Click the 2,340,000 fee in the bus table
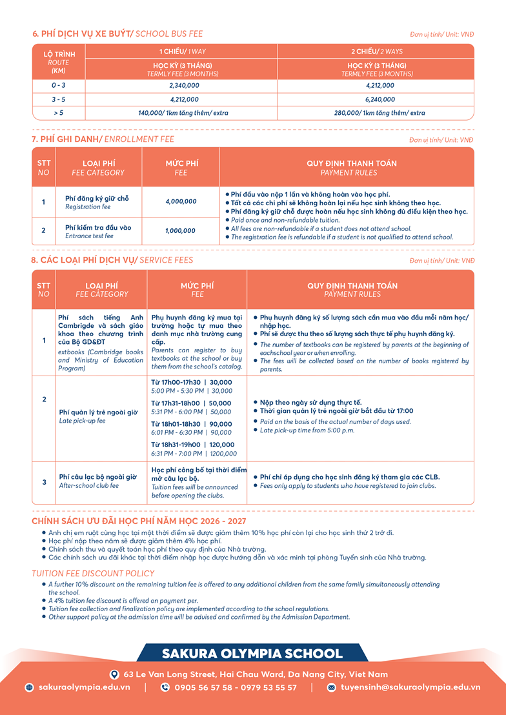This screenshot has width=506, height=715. [184, 85]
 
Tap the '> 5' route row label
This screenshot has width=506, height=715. [58, 113]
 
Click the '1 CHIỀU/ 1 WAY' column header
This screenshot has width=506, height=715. [183, 51]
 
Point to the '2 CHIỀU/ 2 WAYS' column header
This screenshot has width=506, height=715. [377, 51]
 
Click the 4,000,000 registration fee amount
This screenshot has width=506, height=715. [181, 201]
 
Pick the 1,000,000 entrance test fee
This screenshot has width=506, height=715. [181, 230]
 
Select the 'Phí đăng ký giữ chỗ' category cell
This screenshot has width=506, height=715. [97, 198]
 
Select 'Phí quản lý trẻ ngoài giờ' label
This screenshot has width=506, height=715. [98, 412]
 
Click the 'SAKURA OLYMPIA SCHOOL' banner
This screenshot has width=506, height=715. [252, 654]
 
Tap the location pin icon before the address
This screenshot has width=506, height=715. [114, 674]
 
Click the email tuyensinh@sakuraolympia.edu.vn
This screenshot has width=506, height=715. [410, 687]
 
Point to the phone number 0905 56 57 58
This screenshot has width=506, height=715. [203, 687]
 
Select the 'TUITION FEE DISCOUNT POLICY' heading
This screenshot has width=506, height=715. [93, 573]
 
